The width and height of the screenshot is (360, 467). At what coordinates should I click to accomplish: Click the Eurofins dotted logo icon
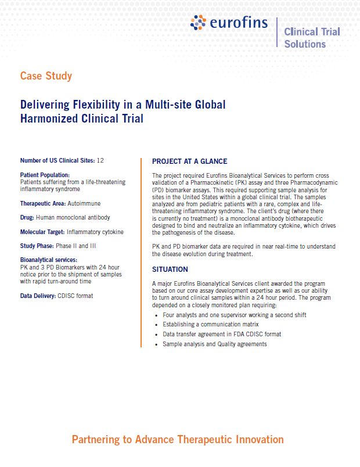click(199, 23)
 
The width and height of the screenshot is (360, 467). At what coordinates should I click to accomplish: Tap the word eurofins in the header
click(239, 24)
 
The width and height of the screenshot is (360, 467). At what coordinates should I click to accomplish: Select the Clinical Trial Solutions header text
click(312, 37)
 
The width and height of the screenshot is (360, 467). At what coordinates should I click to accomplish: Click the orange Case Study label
click(46, 76)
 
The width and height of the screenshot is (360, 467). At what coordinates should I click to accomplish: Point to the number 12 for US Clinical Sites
click(100, 160)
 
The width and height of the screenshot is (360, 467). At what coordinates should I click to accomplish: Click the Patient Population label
click(45, 174)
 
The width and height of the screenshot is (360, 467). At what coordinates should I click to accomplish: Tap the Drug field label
click(27, 217)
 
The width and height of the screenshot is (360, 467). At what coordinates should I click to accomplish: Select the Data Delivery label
click(38, 296)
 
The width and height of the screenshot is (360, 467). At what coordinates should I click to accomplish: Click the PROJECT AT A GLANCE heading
click(189, 161)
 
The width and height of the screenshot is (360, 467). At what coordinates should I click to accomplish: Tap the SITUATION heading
click(170, 270)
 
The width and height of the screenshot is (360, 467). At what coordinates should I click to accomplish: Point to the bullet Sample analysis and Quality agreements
click(215, 344)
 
